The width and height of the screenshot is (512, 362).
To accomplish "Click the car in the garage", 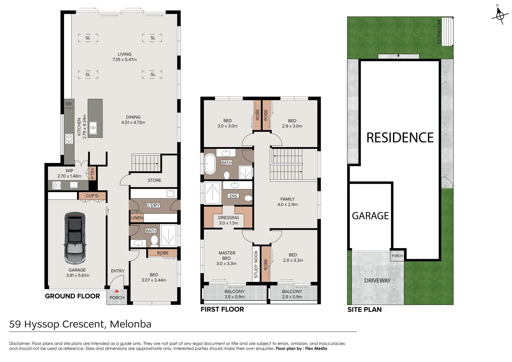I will tap(74, 238).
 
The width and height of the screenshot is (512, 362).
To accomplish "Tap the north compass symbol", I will tap(500, 15).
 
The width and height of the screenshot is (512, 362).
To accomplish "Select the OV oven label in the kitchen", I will tap(69, 104).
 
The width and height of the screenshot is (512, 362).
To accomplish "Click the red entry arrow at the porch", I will tap(116, 291).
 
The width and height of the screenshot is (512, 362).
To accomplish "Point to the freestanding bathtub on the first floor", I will tap(210, 164).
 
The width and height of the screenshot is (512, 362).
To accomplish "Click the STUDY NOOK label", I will tap(256, 264).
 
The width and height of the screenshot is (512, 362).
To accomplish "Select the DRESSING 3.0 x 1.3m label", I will tap(229, 220).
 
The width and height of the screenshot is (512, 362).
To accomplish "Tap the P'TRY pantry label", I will tap(93, 173).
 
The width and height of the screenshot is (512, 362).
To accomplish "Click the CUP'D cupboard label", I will tap(92, 196).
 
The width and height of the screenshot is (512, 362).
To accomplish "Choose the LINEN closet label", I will tap(137, 218).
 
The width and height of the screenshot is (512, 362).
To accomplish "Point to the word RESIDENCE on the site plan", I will tap(400, 138).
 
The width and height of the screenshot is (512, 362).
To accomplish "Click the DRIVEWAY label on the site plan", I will tap(377, 281).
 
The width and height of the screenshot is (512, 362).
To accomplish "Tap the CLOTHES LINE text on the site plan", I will tap(439, 31).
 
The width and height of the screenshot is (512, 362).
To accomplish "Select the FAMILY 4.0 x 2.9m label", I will tap(287, 201).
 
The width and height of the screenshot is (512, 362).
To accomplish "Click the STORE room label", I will tap(154, 180).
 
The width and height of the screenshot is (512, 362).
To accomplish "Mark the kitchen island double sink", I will tap(93, 127).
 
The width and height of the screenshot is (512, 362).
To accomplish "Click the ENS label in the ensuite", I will tap(233, 196).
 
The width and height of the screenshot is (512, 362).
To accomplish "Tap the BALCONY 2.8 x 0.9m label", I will tap(292, 294).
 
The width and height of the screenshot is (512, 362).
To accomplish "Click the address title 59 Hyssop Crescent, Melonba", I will tap(80, 324).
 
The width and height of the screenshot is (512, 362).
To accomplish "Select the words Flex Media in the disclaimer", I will tap(316, 349).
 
